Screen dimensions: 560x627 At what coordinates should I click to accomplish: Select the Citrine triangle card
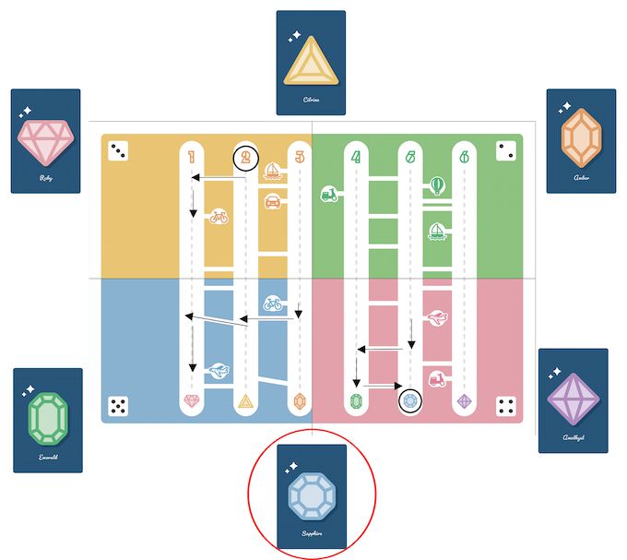[x=311, y=62]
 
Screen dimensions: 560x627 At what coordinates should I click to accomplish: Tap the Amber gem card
[x=581, y=140]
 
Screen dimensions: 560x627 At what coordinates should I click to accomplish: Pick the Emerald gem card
[x=48, y=420]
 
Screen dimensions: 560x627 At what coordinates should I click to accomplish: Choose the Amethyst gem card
[x=573, y=400]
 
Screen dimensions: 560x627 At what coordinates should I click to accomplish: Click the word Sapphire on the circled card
[x=312, y=533]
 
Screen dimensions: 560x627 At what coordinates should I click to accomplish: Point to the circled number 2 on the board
[x=245, y=158]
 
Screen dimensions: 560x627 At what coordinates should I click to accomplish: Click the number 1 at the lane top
[x=192, y=157]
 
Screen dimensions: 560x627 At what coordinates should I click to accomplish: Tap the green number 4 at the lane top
[x=356, y=157]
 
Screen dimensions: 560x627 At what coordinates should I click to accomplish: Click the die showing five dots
[x=118, y=406]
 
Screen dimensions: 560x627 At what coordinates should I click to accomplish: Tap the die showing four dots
[x=505, y=406]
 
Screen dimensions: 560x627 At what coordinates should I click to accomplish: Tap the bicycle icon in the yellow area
[x=218, y=217]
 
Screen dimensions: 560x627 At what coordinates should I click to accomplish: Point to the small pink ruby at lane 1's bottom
[x=192, y=401]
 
